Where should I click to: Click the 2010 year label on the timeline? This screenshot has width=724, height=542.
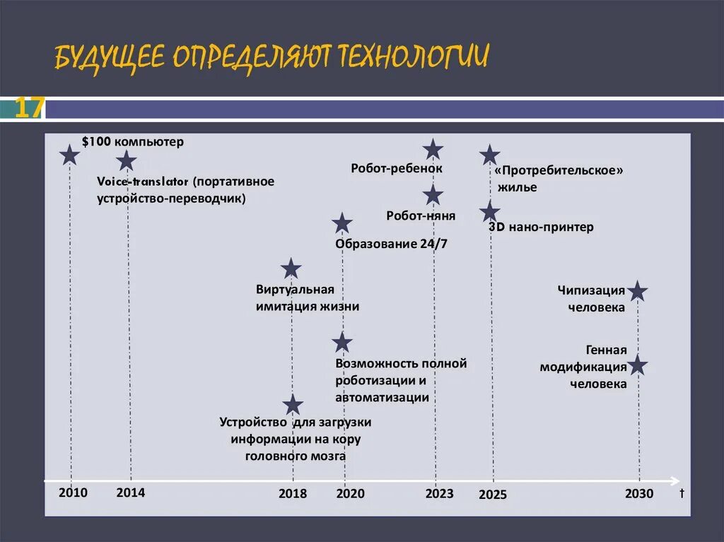tap(74, 493)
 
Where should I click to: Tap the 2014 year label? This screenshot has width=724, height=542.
tap(131, 493)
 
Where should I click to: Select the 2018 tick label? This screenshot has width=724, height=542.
tap(293, 493)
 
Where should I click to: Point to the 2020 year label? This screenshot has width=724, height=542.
tap(350, 493)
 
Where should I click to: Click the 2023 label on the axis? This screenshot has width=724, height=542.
tap(439, 493)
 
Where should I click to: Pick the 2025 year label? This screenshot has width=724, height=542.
tap(492, 495)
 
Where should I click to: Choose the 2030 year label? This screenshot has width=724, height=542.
tap(639, 493)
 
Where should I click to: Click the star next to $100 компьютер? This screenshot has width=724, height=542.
tap(69, 155)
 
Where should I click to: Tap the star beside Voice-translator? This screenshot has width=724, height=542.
tap(126, 160)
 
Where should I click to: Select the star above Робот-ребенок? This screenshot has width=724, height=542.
tap(433, 150)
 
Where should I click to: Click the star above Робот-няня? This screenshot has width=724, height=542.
tap(433, 195)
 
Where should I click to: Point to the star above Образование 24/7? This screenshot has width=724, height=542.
tap(342, 223)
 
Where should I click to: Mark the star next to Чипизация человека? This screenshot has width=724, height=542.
tap(638, 290)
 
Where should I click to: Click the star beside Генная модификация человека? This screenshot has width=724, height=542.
tap(638, 365)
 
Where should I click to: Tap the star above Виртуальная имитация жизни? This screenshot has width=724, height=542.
tap(291, 269)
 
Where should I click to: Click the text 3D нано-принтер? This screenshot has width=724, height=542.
tap(541, 228)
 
